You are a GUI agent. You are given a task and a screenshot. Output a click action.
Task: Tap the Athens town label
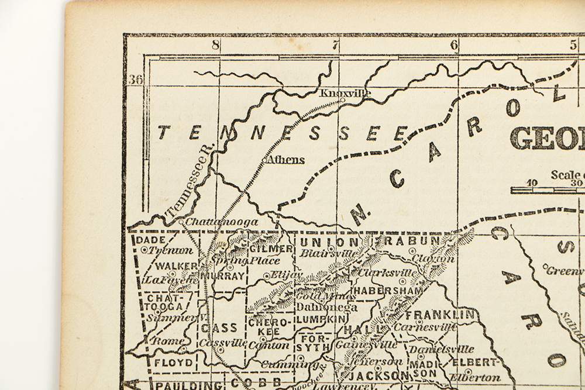click(x=285, y=160)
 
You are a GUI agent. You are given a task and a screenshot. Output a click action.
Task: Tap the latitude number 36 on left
click(x=136, y=80)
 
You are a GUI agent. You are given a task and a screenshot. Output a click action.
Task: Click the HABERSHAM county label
click(x=380, y=291)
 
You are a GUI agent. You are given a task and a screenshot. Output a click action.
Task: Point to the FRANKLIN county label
click(x=439, y=315)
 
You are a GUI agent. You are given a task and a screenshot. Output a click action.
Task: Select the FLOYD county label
click(x=173, y=363)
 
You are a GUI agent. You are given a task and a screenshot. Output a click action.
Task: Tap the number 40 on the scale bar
click(x=532, y=182)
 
